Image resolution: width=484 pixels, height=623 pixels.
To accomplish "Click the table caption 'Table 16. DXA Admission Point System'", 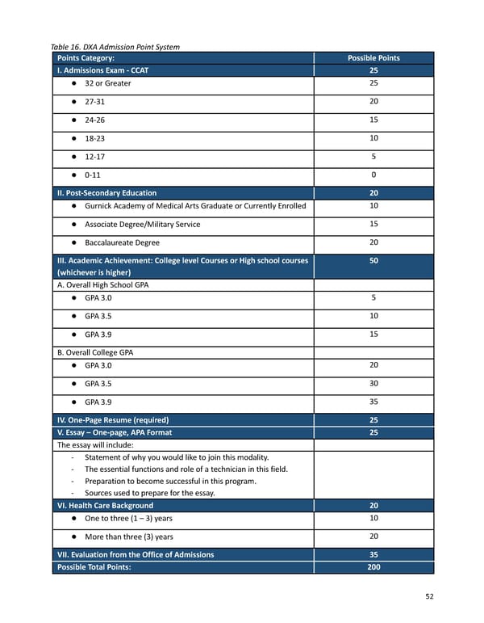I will tap(115, 47).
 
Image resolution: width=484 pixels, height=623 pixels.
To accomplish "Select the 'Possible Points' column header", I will tap(373, 58).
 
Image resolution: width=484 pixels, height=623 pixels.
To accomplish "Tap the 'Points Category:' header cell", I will tap(86, 58).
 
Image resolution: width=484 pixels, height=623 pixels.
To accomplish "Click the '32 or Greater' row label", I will tap(107, 83).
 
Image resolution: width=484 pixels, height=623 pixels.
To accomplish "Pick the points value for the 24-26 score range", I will tap(373, 120).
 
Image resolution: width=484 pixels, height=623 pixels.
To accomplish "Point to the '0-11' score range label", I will tap(94, 175).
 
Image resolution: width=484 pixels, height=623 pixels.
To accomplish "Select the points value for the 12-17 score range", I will tap(373, 157).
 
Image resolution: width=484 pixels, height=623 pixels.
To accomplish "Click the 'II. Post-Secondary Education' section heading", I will tap(106, 193).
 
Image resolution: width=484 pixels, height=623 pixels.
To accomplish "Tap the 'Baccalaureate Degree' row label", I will tap(122, 242).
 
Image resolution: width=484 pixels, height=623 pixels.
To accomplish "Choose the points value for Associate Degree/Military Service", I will tap(373, 224).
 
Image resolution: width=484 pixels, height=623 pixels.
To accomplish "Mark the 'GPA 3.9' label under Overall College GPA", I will tap(98, 402).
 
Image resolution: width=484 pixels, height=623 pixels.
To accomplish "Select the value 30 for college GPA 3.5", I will tap(373, 383).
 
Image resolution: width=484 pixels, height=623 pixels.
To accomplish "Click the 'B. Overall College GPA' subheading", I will tap(94, 351).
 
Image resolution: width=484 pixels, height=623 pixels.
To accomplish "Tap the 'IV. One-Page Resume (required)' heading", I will tap(112, 420).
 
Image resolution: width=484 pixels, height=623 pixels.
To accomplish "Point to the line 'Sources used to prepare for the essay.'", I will tap(149, 493).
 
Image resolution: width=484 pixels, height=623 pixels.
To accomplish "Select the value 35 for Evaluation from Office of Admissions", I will tap(373, 554).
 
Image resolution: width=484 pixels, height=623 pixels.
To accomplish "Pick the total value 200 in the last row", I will tap(373, 567).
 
